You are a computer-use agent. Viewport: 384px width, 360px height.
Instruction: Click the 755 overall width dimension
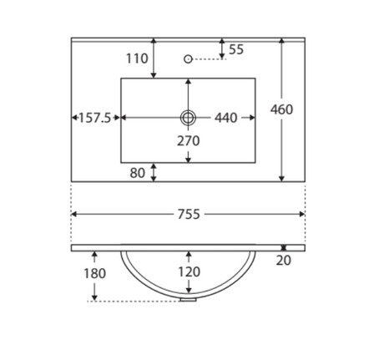tap(189, 214)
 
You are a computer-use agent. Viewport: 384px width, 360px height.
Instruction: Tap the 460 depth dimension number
tap(281, 109)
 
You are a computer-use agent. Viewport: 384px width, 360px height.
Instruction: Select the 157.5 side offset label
tap(95, 118)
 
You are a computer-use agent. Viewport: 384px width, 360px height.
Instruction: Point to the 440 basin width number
tap(225, 118)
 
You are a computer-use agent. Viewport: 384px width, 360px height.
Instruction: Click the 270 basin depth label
tap(189, 141)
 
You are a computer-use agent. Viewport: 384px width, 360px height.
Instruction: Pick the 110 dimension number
tap(137, 58)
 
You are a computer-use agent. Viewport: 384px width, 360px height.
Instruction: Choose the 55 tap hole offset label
tap(236, 49)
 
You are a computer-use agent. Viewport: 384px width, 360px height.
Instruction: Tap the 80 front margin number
tap(137, 173)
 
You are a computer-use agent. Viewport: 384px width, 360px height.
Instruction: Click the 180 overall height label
tap(94, 273)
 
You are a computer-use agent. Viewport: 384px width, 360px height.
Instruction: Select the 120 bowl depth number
tap(189, 272)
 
